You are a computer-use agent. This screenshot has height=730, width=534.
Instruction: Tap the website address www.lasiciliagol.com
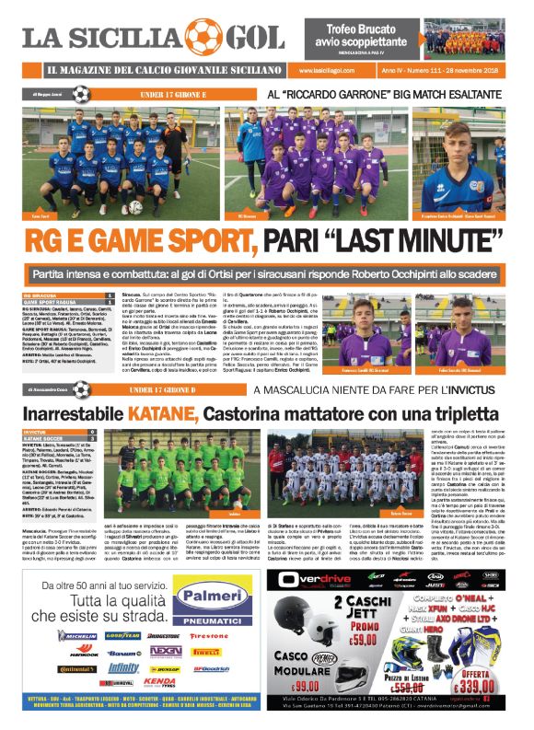326,71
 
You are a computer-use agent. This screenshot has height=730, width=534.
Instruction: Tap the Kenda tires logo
159,681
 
